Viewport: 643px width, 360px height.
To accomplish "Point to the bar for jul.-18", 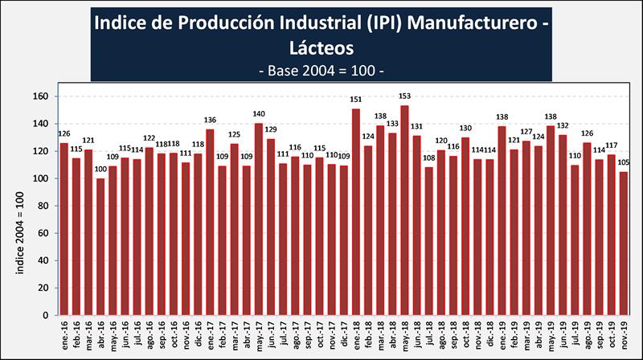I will [428, 241].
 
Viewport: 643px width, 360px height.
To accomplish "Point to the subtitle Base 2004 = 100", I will [321, 70].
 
